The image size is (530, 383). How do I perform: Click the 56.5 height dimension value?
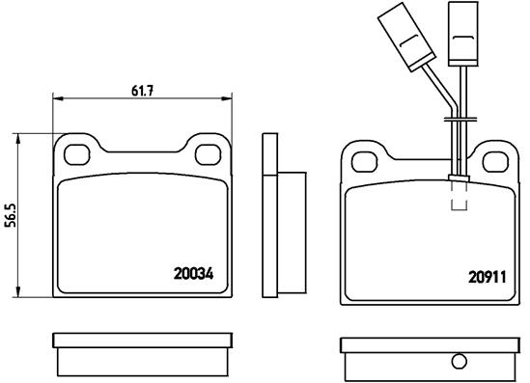(13, 215)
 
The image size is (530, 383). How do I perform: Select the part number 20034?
(193, 274)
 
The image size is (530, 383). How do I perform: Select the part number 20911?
(488, 277)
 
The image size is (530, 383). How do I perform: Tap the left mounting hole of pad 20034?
(77, 155)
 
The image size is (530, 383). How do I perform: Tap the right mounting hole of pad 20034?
(209, 155)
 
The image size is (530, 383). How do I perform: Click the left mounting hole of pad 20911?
(364, 162)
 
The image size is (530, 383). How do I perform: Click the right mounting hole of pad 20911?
(495, 162)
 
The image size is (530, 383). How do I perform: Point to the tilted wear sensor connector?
(405, 37)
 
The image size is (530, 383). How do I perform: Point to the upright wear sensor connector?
(463, 34)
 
